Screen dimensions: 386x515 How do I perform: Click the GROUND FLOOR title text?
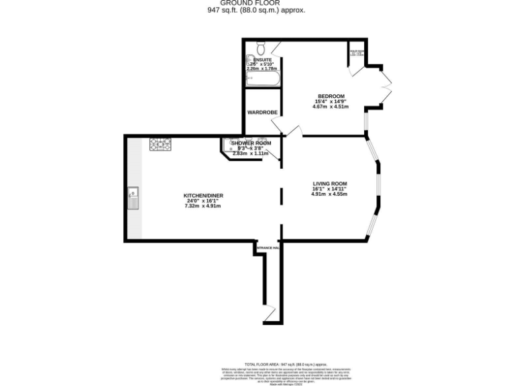coord(257,3)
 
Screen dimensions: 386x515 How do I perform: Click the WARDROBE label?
coord(262,112)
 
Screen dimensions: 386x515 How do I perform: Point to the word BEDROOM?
coord(331,96)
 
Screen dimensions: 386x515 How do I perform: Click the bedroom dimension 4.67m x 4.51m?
coord(331,107)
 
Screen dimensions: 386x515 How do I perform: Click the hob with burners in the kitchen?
coord(160,143)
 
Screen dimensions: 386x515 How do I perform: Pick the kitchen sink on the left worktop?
coord(133,198)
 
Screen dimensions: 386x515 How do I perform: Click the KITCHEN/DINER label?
coord(203,195)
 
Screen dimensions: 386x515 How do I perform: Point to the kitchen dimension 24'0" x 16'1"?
coord(203,200)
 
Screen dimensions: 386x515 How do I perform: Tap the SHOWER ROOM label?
coord(251,143)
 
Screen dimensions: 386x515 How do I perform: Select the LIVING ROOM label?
coord(329,184)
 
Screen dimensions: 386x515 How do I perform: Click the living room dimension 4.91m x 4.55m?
coord(329,194)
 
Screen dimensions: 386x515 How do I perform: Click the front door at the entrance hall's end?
coord(270,315)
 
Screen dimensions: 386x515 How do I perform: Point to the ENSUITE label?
coord(263,60)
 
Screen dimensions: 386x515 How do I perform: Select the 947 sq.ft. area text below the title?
coord(257,11)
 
